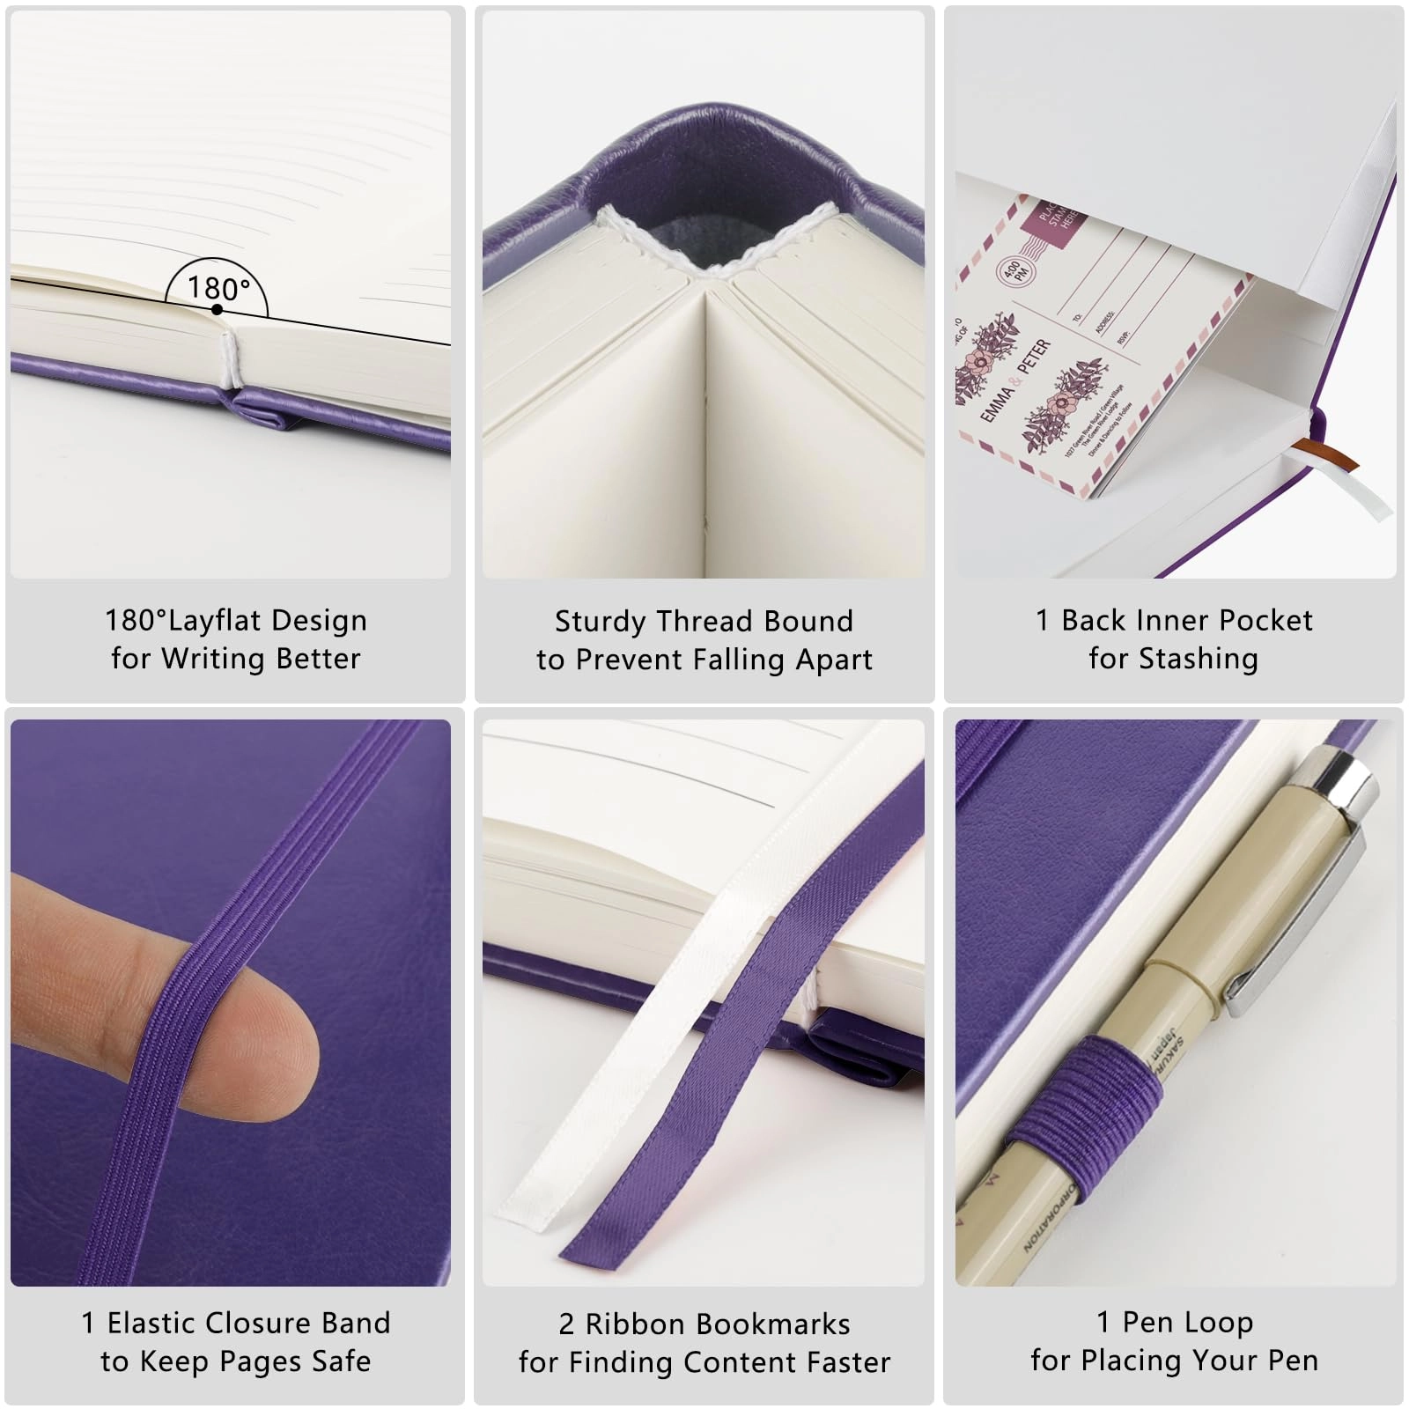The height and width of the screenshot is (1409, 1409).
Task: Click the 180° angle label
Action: click(x=218, y=289)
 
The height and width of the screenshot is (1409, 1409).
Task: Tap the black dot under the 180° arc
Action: click(x=217, y=309)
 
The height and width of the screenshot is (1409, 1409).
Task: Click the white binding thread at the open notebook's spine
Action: click(x=231, y=361)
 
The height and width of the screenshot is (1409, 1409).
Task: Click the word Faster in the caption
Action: click(x=848, y=1362)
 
